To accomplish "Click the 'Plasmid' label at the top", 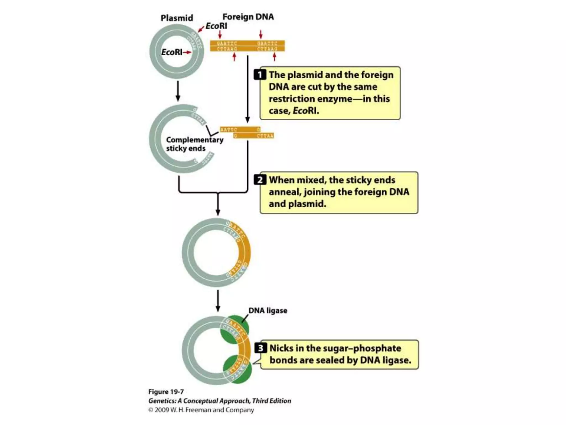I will (177, 18).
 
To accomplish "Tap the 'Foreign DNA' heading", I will (248, 17).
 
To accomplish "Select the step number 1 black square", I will (260, 75).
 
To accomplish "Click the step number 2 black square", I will (260, 180).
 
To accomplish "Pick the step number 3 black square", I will (261, 348).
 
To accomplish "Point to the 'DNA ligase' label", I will (268, 310).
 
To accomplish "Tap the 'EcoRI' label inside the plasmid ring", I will (172, 52).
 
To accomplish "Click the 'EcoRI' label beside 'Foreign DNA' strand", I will (216, 26).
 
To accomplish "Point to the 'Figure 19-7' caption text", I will (166, 392).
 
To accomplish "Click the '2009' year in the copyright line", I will (162, 410).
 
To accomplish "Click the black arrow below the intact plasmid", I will (178, 91).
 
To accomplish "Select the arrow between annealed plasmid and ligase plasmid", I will (218, 301).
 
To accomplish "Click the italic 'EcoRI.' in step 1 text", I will (305, 111).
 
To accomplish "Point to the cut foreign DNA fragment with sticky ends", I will (247, 133).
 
